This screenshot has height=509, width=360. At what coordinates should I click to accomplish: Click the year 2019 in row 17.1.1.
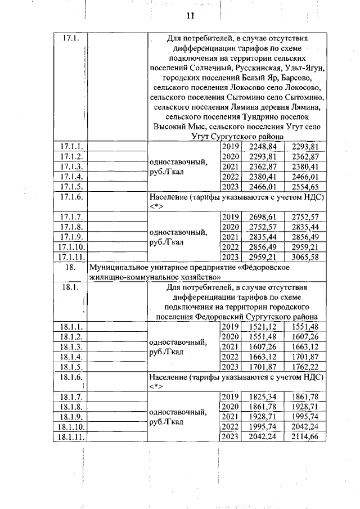[231, 146]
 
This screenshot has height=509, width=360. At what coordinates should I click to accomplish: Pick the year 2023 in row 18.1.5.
[231, 367]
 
